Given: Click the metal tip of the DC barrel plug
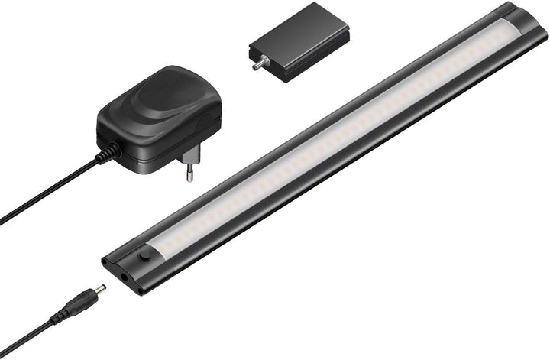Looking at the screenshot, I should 99,288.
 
